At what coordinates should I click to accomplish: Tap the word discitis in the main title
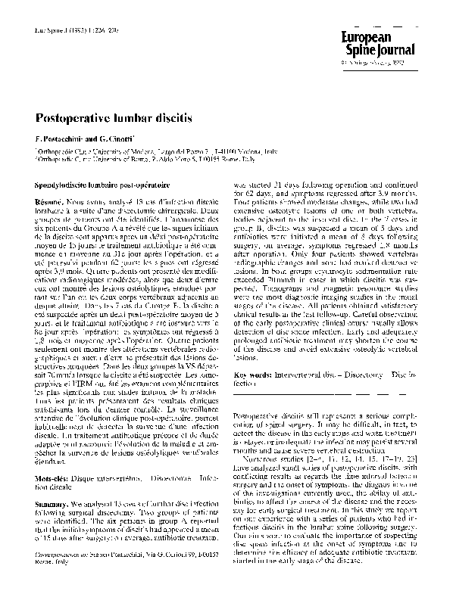(173, 119)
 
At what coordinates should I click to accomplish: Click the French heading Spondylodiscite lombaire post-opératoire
(103, 185)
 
